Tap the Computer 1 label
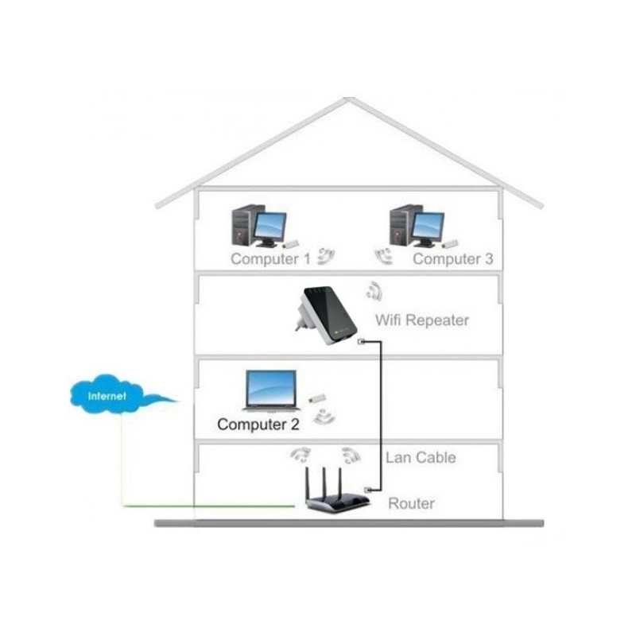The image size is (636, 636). coord(270,258)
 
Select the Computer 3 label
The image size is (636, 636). coord(452,258)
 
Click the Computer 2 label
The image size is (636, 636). coord(258,425)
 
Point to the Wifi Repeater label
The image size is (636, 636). coord(422,320)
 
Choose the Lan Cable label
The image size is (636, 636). coord(421,458)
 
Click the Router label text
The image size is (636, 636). coord(411,503)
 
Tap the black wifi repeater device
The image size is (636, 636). coord(327,315)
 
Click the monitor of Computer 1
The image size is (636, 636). coord(270,227)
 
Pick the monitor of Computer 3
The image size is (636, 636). coord(428,228)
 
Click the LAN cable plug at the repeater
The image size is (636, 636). coord(361,342)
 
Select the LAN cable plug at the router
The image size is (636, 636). coord(369,490)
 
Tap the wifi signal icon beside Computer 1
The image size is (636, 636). coord(326,256)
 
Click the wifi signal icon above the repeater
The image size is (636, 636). coord(374,291)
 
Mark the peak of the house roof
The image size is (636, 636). coord(349,98)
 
